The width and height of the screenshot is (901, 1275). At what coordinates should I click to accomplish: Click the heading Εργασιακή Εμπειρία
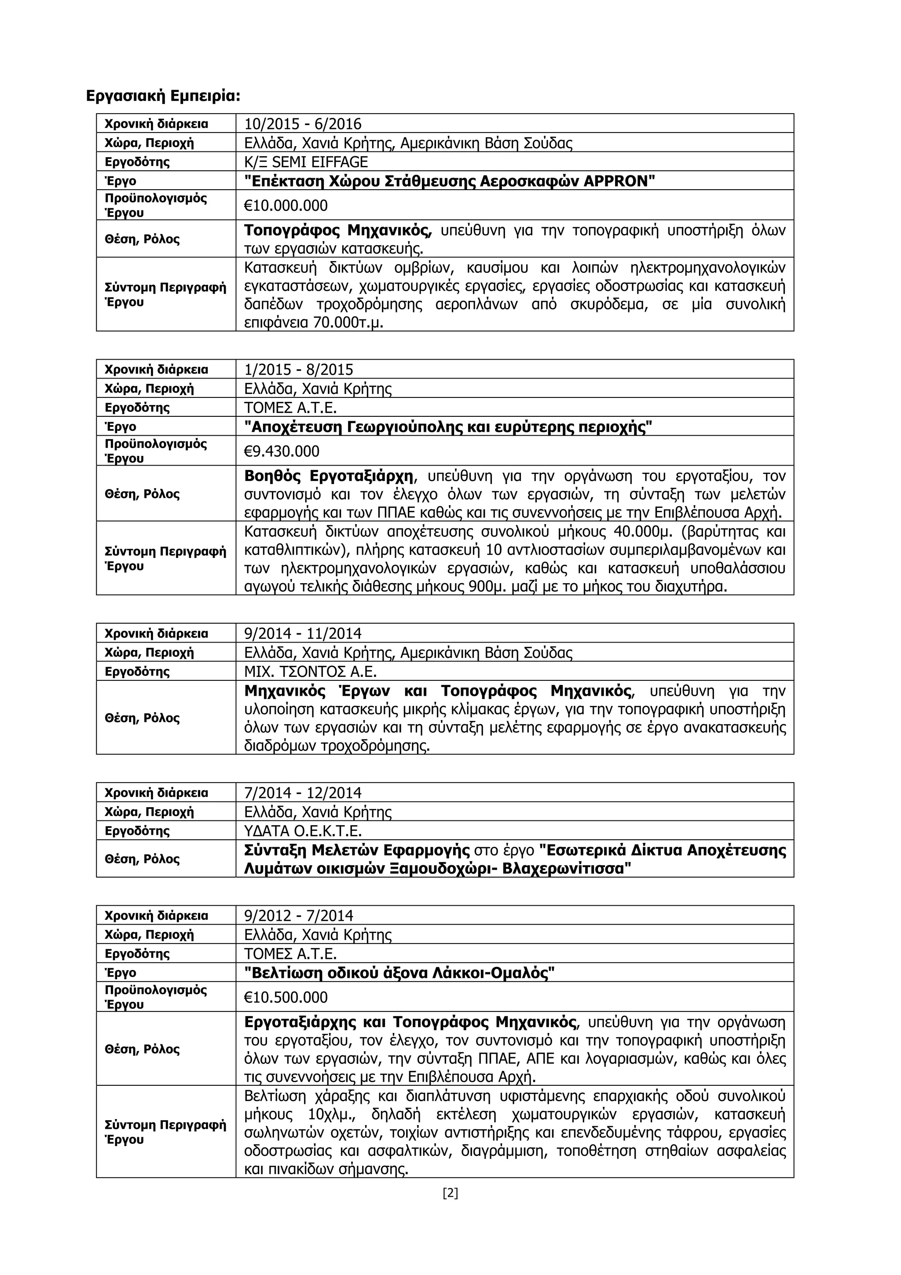pyautogui.click(x=163, y=96)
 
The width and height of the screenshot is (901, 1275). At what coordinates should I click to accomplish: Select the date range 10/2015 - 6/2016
pyautogui.click(x=303, y=124)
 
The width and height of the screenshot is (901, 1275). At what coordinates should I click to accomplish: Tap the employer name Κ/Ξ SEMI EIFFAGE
pyautogui.click(x=306, y=162)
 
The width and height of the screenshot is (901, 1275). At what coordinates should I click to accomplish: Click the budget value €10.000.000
pyautogui.click(x=286, y=206)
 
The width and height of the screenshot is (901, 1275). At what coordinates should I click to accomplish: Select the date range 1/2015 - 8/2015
pyautogui.click(x=299, y=369)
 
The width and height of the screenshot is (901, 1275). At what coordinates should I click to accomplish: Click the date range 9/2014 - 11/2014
pyautogui.click(x=303, y=633)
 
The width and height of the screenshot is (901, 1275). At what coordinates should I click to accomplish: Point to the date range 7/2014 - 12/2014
pyautogui.click(x=303, y=793)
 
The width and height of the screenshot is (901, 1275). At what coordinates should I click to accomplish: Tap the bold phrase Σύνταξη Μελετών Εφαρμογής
pyautogui.click(x=358, y=850)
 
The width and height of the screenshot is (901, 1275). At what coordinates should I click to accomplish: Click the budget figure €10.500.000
pyautogui.click(x=286, y=997)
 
